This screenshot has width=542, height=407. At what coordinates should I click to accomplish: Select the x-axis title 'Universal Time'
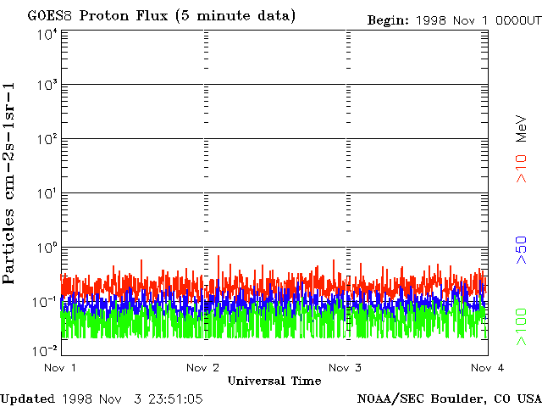click(x=274, y=382)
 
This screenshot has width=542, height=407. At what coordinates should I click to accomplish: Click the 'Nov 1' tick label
click(x=60, y=368)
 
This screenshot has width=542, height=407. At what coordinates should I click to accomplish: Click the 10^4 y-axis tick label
click(x=46, y=34)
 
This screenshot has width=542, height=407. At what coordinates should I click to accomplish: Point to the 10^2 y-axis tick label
click(x=46, y=141)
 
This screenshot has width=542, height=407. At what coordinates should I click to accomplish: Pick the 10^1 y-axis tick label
click(x=46, y=195)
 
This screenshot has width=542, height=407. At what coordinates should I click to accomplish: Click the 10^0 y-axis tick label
click(x=46, y=248)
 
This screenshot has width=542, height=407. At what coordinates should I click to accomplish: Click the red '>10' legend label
click(x=523, y=168)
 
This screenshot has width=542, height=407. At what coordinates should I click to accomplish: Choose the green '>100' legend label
click(x=523, y=327)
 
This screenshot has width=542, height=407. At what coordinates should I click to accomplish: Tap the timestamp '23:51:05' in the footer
click(x=174, y=398)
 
